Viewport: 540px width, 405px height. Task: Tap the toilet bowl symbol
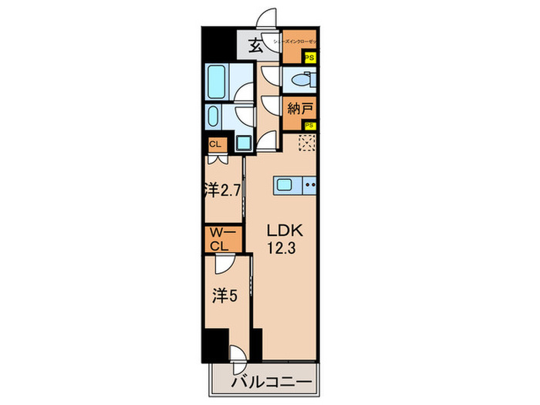[x=303, y=80]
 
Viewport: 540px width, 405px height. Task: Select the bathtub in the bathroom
[x=218, y=79]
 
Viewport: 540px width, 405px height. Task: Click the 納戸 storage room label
[x=299, y=107]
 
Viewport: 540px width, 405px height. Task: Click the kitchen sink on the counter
[x=284, y=184]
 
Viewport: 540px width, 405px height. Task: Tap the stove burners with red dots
[x=311, y=184]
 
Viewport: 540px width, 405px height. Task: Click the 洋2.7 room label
[x=224, y=189]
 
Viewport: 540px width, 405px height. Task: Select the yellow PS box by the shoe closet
[x=309, y=57]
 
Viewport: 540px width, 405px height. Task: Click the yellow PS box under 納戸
[x=309, y=127]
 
